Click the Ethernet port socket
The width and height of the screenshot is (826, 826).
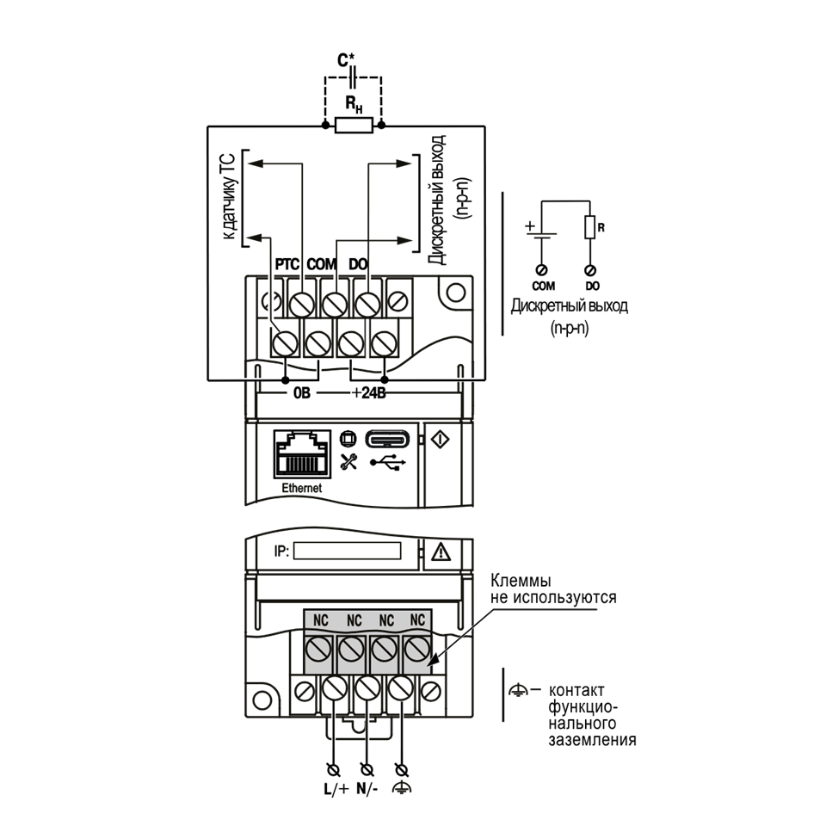point(302,454)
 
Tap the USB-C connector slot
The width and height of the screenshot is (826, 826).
point(388,440)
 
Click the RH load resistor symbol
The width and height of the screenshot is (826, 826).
point(354,126)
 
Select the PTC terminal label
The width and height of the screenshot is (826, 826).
point(287,264)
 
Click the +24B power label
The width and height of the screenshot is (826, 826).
point(369,393)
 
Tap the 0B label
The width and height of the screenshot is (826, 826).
point(302,393)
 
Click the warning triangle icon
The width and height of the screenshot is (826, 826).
point(441,552)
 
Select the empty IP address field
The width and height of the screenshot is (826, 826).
point(347,551)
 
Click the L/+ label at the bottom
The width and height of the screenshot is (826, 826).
point(336,789)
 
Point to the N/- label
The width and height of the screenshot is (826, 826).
point(367,789)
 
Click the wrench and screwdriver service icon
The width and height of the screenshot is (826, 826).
point(348,461)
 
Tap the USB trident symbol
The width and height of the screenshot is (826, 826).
point(388,463)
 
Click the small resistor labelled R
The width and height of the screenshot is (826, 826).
point(590,227)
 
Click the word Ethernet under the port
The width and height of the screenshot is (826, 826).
point(302,489)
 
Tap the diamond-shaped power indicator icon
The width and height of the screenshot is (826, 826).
point(441,439)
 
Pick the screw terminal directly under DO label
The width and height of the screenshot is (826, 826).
point(367,304)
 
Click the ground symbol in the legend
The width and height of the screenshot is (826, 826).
point(518,689)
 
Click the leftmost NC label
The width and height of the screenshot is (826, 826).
point(320,620)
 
